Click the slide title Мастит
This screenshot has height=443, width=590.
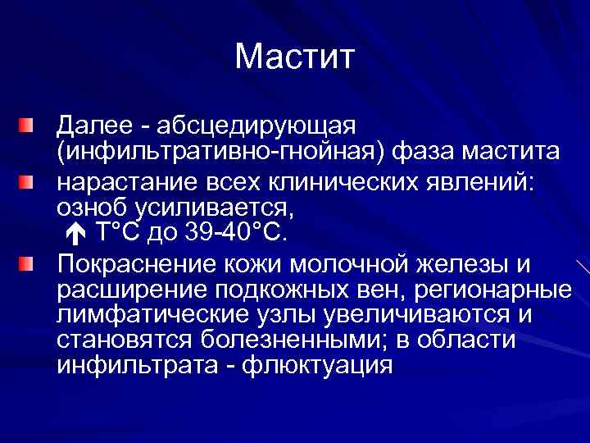coord(294,57)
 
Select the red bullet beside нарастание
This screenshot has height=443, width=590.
coord(28,180)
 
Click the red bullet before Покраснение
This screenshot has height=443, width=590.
coord(28,263)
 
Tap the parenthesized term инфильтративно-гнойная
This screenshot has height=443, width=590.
coord(221,153)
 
